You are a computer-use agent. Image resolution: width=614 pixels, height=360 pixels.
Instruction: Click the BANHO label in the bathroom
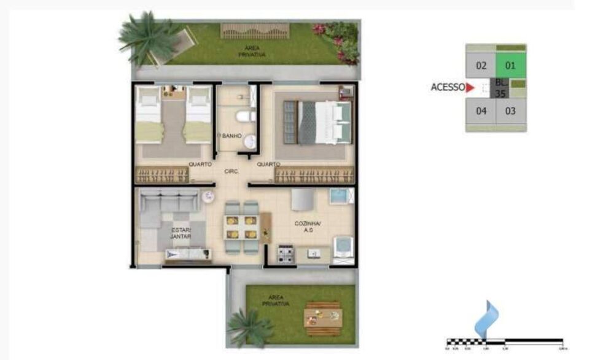[x=231, y=136]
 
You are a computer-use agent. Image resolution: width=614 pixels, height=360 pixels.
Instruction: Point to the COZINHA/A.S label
[x=305, y=227]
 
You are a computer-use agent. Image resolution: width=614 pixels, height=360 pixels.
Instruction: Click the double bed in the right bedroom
[x=317, y=122]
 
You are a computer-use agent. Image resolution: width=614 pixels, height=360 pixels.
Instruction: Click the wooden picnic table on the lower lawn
[x=323, y=318]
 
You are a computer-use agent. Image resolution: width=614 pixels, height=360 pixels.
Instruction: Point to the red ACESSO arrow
[x=470, y=88]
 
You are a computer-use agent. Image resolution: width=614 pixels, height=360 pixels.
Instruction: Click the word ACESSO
[x=448, y=87]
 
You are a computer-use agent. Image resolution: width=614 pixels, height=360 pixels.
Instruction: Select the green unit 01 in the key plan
[x=510, y=65]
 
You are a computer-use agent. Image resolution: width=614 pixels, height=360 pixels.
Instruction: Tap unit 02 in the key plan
[x=481, y=65]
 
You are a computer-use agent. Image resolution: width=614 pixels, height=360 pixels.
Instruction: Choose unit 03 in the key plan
[x=510, y=111]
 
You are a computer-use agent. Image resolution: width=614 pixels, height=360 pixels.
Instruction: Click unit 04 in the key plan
[x=481, y=111]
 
